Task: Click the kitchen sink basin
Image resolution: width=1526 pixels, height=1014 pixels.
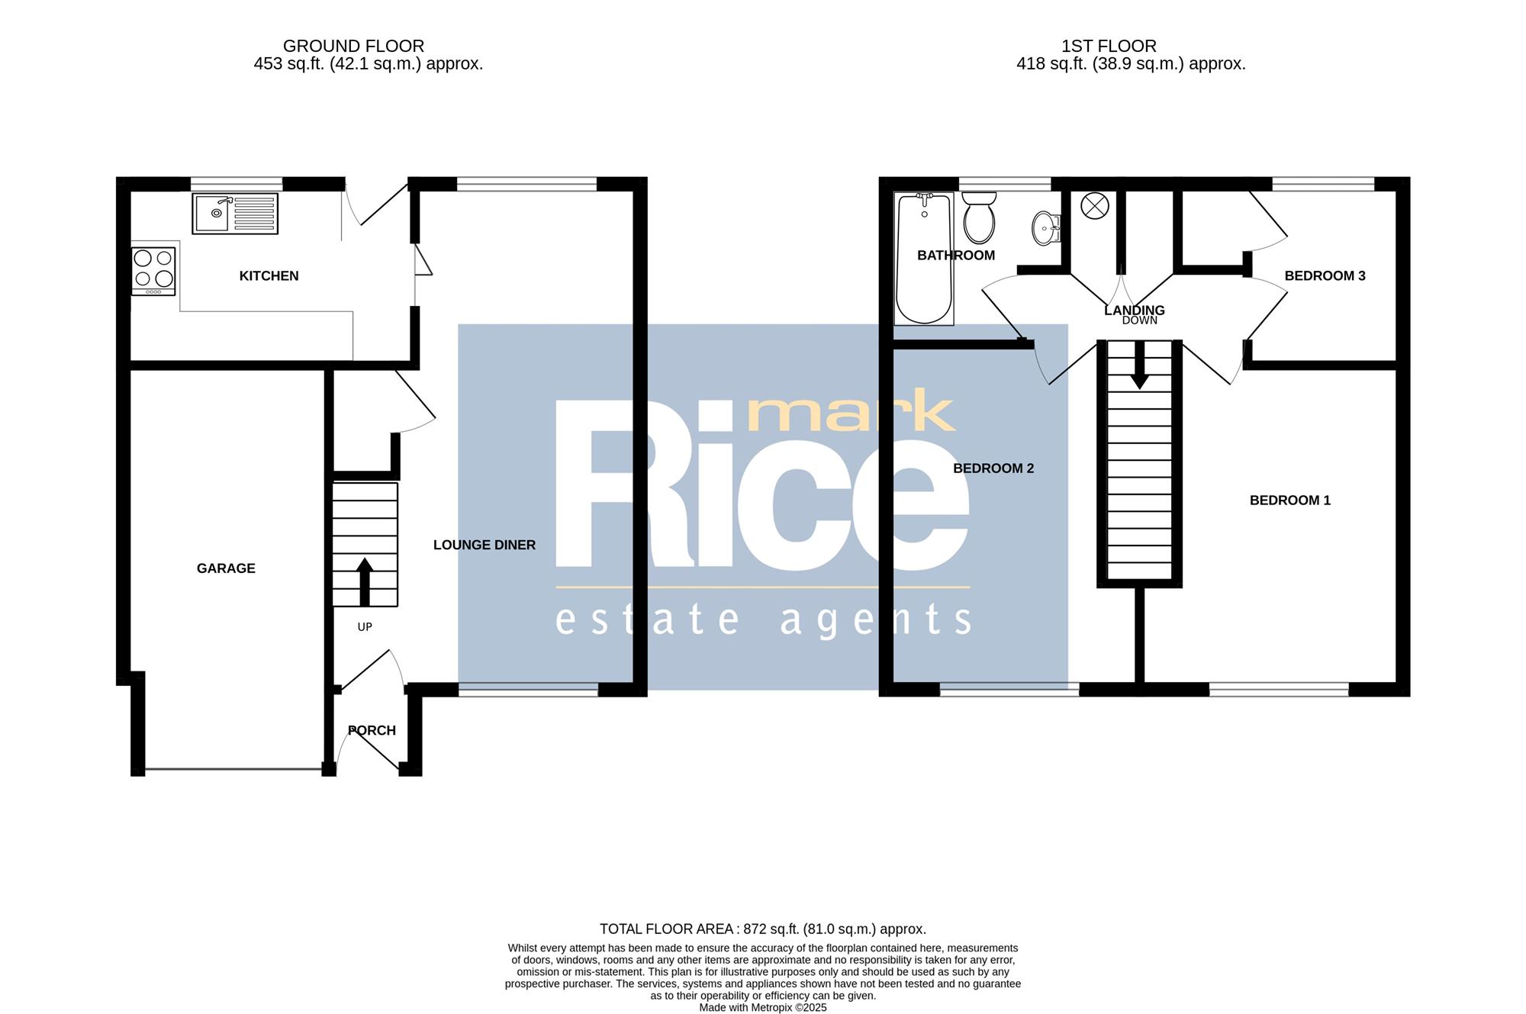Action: (x=212, y=213)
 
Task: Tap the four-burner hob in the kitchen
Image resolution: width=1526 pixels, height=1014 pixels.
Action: (x=153, y=271)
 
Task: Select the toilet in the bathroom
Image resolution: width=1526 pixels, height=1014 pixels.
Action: (x=979, y=217)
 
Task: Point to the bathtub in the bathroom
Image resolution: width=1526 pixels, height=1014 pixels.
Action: (x=924, y=258)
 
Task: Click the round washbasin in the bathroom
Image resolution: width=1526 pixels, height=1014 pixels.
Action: (x=1047, y=227)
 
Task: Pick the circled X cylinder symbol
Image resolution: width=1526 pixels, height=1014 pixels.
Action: (x=1095, y=205)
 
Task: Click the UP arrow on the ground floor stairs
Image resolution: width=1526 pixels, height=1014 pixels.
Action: (x=365, y=582)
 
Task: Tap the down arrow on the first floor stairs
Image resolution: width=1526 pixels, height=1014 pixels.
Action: (x=1139, y=365)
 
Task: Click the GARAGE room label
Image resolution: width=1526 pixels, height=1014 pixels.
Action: (x=226, y=568)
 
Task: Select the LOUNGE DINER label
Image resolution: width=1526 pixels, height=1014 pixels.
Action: (x=485, y=545)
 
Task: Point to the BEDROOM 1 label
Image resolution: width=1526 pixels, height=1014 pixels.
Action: (x=1290, y=501)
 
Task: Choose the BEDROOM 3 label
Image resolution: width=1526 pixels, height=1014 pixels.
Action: (x=1325, y=276)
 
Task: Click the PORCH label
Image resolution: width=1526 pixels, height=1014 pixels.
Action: (x=372, y=731)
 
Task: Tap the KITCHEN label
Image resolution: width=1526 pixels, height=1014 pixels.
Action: (x=269, y=276)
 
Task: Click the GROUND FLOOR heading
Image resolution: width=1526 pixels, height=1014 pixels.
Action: (x=353, y=47)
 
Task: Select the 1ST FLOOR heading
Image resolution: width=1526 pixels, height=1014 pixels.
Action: (x=1109, y=47)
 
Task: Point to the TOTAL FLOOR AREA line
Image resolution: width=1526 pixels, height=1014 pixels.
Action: (x=763, y=929)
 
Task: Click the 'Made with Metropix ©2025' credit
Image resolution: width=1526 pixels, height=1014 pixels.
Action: (x=763, y=1008)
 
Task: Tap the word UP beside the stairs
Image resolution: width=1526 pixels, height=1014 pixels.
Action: (x=365, y=627)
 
